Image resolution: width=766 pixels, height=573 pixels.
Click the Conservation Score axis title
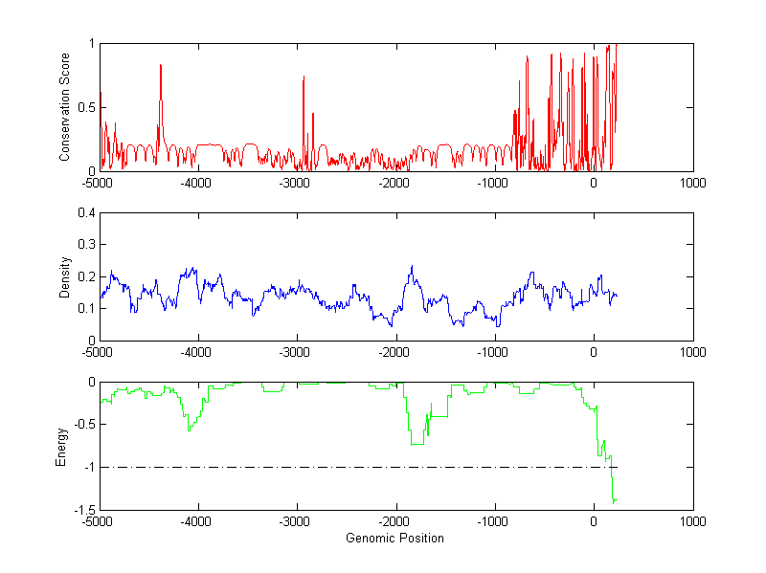(x=64, y=107)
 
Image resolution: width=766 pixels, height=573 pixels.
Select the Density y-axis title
(x=64, y=276)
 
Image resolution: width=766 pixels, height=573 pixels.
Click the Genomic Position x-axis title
(x=394, y=538)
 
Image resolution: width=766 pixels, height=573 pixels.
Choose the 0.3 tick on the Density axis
(x=86, y=245)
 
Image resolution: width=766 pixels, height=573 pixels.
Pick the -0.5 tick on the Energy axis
(x=83, y=425)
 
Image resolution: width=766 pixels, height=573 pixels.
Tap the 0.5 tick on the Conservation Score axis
(x=86, y=107)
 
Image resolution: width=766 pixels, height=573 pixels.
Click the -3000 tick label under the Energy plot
(x=296, y=522)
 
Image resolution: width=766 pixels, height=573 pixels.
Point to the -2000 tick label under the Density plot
(x=394, y=352)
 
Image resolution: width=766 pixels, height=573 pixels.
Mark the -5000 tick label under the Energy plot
(x=98, y=522)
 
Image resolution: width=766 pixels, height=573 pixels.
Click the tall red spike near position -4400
(x=161, y=65)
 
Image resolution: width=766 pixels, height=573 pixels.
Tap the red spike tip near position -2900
(x=304, y=77)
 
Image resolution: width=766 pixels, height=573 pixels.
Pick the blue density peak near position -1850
(x=412, y=267)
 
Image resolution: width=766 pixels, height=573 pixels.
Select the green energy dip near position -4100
(x=189, y=430)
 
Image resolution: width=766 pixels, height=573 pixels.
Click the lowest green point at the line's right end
(x=614, y=501)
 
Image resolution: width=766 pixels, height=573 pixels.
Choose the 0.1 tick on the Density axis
(x=86, y=308)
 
